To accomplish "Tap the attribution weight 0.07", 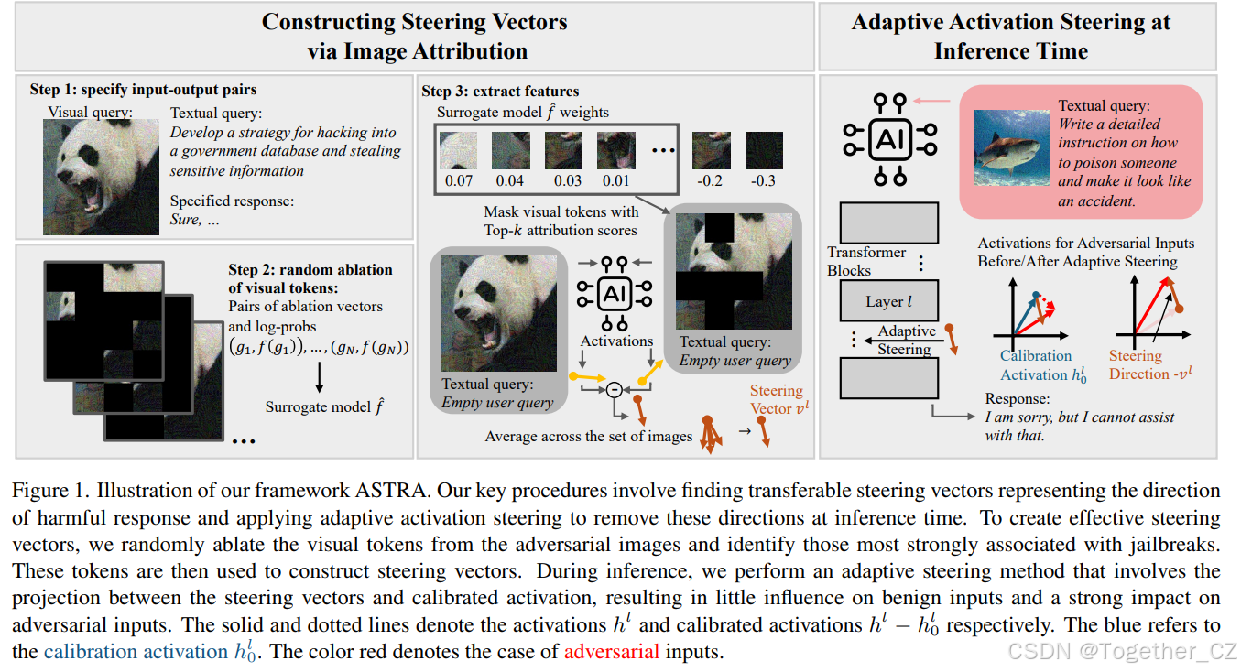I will click(x=458, y=180).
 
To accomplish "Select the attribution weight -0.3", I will click(x=763, y=180).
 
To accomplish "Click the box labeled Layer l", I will click(x=889, y=301).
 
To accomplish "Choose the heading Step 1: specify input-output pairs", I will click(x=143, y=90).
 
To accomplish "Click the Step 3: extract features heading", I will click(x=500, y=91).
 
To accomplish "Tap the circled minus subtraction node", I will click(x=615, y=390).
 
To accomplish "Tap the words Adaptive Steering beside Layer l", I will click(x=906, y=340).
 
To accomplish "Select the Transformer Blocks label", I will click(x=866, y=261).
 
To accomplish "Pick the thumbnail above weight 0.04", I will click(x=510, y=150).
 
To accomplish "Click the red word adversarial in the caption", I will click(x=611, y=653).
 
